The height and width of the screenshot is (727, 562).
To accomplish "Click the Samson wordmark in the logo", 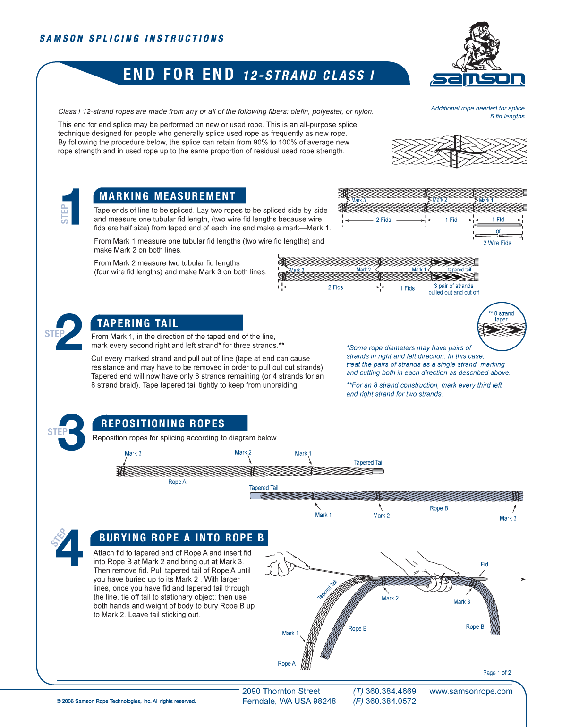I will (477, 79).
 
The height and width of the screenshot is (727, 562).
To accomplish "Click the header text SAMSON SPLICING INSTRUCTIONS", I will (132, 39).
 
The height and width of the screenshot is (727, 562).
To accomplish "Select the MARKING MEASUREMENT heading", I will (168, 196).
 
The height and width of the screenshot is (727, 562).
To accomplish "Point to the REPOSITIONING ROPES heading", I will (163, 423).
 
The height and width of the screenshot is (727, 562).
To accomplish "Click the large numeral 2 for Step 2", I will (69, 332).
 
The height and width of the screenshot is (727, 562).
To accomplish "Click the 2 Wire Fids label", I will (497, 243).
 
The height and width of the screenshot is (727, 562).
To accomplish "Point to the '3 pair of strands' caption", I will (453, 286).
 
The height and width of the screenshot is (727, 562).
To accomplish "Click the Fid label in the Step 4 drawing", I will (484, 565).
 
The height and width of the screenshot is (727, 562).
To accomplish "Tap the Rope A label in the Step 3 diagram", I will (177, 482).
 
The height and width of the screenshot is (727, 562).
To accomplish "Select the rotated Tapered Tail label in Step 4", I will (327, 590).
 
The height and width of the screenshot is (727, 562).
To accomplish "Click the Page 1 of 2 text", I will (497, 673).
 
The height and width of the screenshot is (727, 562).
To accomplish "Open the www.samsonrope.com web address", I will (471, 692).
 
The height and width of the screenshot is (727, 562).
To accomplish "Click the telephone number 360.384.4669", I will (391, 692).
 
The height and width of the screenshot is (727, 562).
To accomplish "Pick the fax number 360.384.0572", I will (391, 702).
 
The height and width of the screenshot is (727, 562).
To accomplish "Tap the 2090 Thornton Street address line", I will (281, 692).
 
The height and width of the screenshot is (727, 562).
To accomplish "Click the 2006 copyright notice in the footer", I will (126, 702).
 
